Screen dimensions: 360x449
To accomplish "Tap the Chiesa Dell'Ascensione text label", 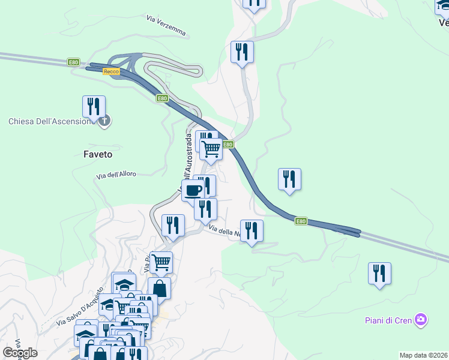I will (50, 121).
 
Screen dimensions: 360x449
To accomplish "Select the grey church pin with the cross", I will (104, 121).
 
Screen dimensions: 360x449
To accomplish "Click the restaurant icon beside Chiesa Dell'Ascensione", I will (94, 107).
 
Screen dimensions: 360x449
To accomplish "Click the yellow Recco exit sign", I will (111, 71).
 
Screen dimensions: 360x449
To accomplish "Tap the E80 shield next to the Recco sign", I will (73, 62).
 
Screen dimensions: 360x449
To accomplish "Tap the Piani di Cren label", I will (388, 320).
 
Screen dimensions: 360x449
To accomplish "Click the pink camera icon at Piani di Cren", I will (421, 320).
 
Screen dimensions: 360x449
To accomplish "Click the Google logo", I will (20, 353).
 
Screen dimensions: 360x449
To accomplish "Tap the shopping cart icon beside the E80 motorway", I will (211, 148).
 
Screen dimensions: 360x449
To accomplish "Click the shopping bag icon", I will (160, 288).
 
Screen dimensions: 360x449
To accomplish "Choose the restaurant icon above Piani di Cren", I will (379, 273).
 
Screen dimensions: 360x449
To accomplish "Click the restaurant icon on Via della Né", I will (252, 230).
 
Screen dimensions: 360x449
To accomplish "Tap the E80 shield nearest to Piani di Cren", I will (301, 221).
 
